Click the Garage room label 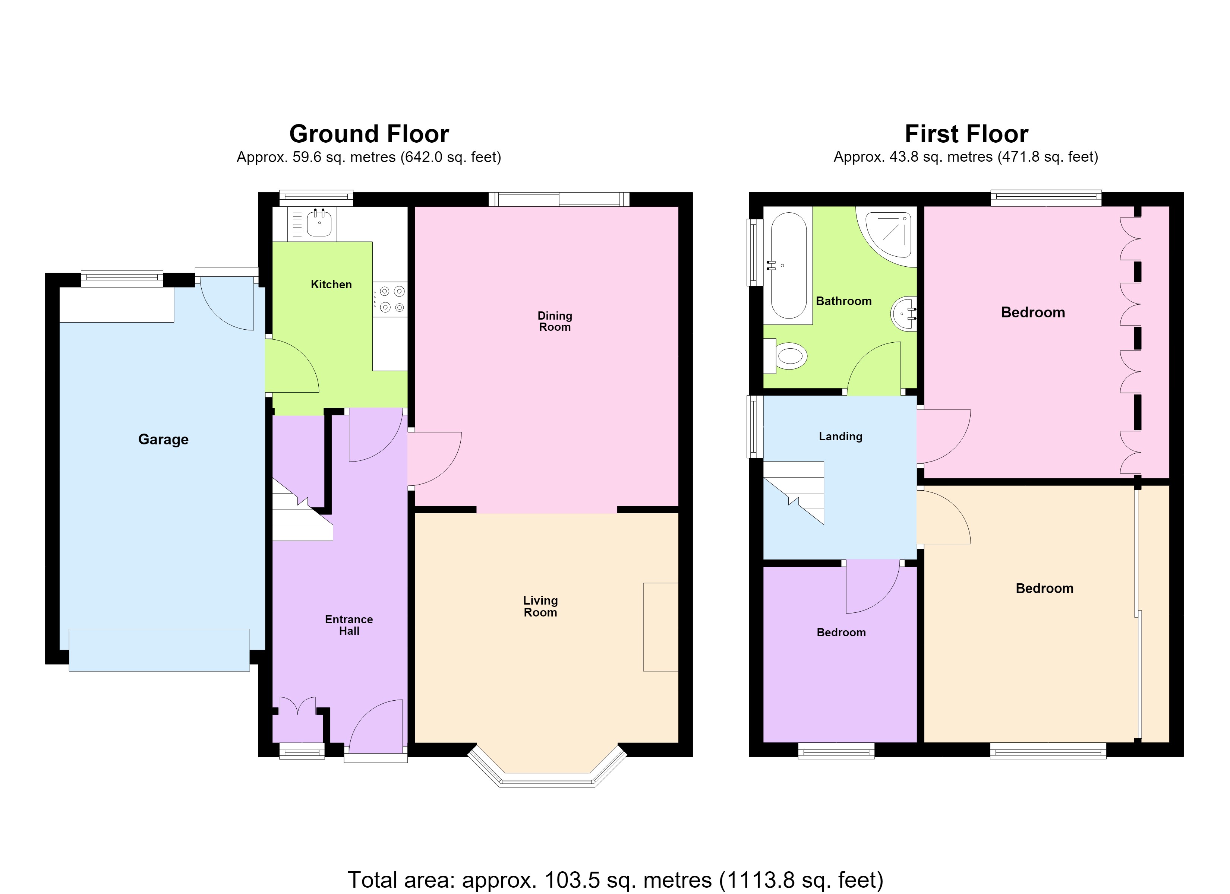click(163, 439)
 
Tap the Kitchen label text click(331, 285)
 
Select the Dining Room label click(554, 321)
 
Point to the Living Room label click(540, 606)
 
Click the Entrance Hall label click(349, 625)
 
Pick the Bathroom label click(843, 301)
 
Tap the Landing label click(840, 437)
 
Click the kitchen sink click(319, 223)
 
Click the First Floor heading click(966, 133)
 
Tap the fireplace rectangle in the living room click(660, 627)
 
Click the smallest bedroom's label click(841, 632)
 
